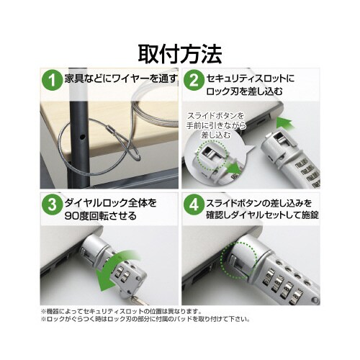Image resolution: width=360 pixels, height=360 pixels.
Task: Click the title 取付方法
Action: tap(180, 53)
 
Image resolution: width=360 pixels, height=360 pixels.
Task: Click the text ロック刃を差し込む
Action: tap(245, 91)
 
